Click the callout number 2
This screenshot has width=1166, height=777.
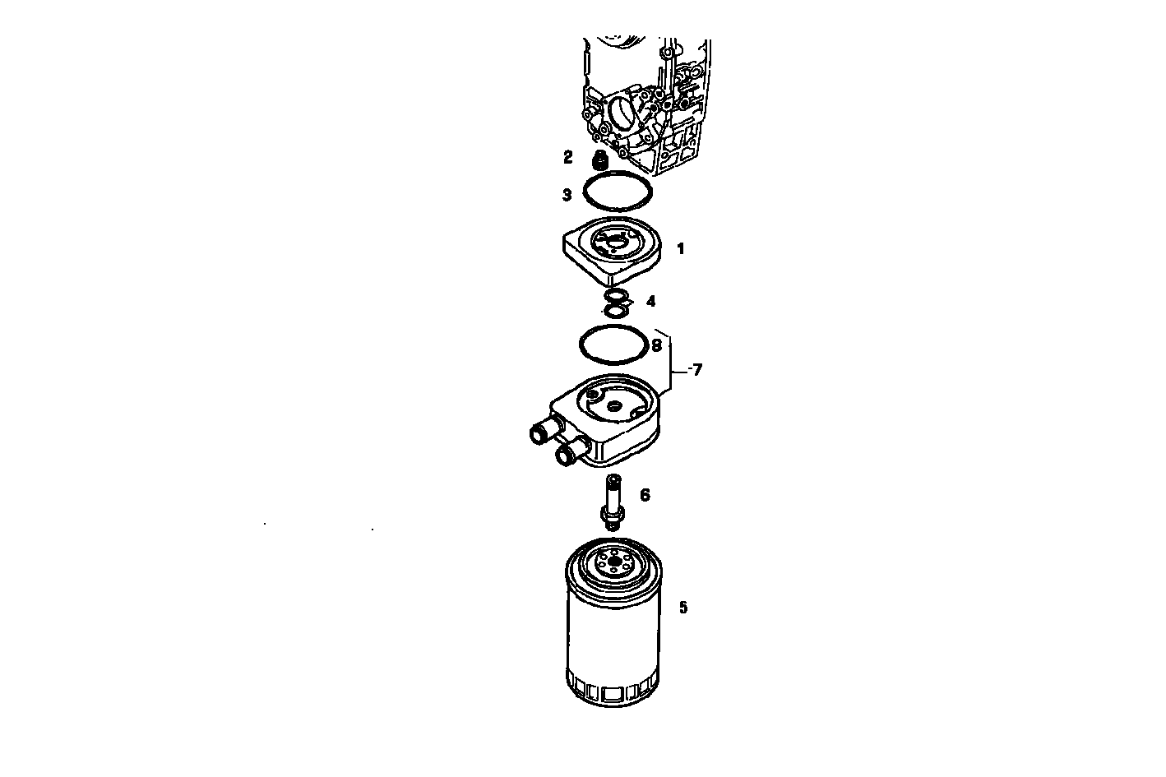pyautogui.click(x=568, y=155)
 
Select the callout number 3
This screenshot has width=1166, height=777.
pyautogui.click(x=567, y=195)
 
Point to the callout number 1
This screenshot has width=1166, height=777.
pyautogui.click(x=680, y=248)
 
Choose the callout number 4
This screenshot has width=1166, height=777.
pyautogui.click(x=650, y=301)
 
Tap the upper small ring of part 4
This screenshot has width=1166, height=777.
pyautogui.click(x=614, y=296)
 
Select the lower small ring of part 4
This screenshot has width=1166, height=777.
pyautogui.click(x=614, y=311)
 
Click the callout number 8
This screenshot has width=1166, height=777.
pyautogui.click(x=655, y=345)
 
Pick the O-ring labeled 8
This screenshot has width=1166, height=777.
pyautogui.click(x=582, y=345)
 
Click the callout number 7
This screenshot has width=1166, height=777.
pyautogui.click(x=695, y=370)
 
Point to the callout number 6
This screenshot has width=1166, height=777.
pyautogui.click(x=645, y=494)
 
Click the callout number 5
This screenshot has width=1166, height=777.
pyautogui.click(x=682, y=608)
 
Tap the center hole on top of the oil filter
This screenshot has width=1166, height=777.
pyautogui.click(x=613, y=564)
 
